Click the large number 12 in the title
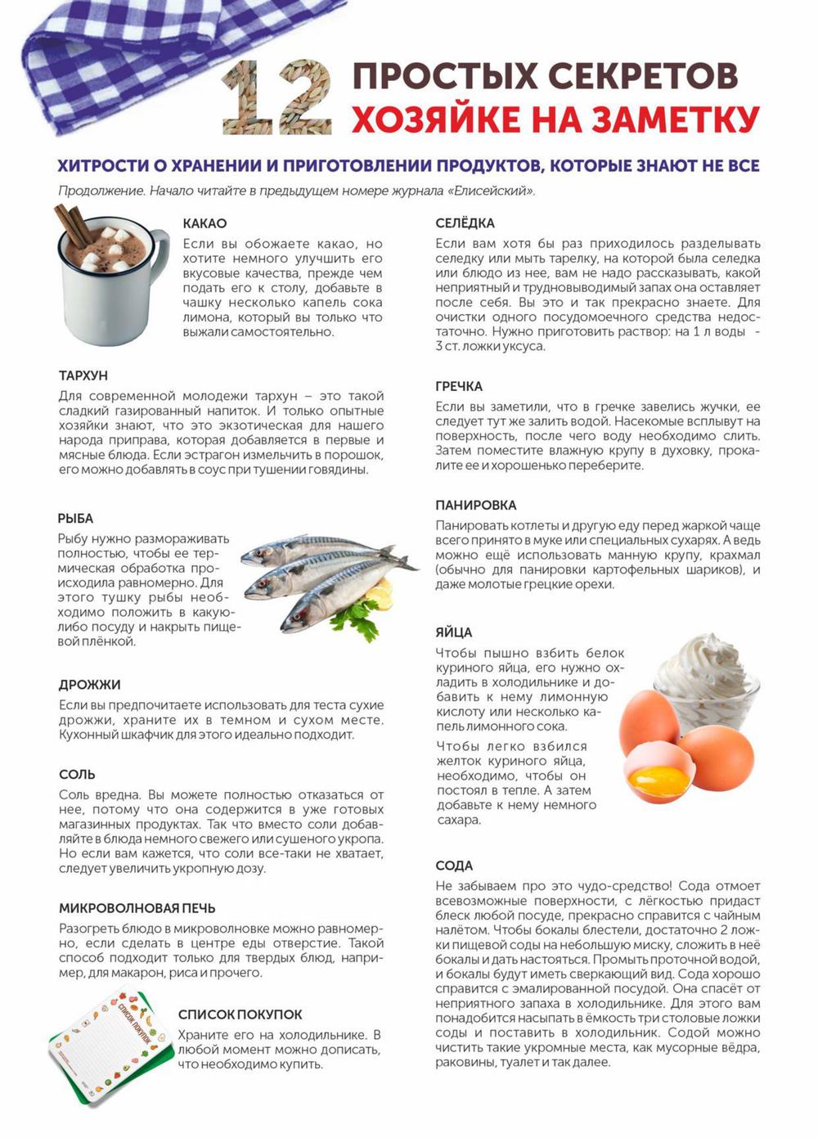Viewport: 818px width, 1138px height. (x=277, y=98)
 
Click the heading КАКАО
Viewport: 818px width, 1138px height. (x=204, y=223)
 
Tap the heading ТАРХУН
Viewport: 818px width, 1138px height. (x=83, y=376)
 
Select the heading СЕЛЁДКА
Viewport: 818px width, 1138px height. (x=465, y=223)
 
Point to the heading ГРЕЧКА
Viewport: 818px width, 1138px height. (x=459, y=386)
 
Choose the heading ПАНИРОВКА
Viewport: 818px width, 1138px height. (x=476, y=506)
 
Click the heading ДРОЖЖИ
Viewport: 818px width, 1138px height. (x=89, y=685)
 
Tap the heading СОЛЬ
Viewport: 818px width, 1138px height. (x=77, y=774)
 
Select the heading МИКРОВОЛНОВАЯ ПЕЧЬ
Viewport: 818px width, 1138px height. (x=137, y=908)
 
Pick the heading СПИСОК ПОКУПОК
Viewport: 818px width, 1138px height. (x=240, y=1014)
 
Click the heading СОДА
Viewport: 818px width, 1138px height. (x=454, y=866)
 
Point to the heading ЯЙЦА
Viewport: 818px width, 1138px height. (x=453, y=632)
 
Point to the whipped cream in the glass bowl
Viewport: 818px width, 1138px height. (x=708, y=667)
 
